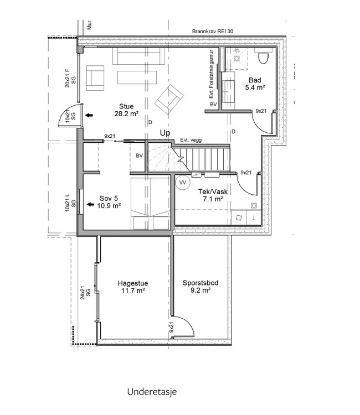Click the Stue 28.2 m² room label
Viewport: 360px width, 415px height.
tap(126, 110)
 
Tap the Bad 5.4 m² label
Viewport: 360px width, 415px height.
tap(255, 84)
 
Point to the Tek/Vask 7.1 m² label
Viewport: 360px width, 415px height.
tap(213, 195)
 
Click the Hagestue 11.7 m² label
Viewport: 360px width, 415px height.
tap(133, 287)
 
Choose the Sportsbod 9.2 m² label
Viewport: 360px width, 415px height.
tap(200, 287)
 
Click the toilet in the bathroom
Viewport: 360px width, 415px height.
tap(264, 58)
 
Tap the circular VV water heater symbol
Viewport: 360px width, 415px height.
tap(183, 183)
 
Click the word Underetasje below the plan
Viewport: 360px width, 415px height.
tap(152, 392)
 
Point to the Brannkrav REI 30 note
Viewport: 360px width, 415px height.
tap(213, 31)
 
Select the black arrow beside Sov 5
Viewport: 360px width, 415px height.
tap(91, 204)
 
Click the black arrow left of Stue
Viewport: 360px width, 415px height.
tap(89, 115)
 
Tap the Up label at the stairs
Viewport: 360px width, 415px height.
tap(165, 133)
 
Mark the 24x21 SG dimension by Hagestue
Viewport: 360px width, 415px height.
tap(85, 293)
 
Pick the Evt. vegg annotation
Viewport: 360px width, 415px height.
tap(191, 140)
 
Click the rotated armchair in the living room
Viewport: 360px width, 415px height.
tap(169, 99)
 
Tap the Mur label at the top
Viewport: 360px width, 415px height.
tap(90, 25)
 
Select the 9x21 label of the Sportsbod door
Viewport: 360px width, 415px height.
tap(171, 327)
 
